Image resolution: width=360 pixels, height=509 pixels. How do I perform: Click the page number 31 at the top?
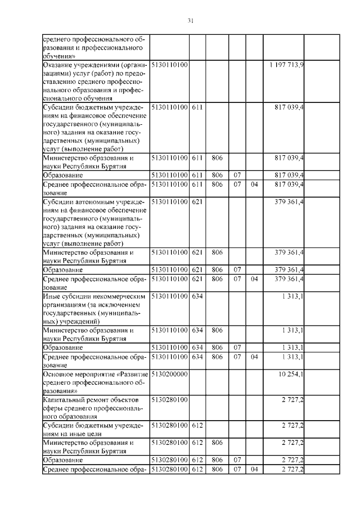(x=190, y=21)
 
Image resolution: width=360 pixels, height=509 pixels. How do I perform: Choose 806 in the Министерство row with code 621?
(x=217, y=253)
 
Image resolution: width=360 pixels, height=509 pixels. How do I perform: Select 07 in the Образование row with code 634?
(x=237, y=347)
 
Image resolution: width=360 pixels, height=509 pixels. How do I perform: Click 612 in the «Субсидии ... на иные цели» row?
(x=197, y=426)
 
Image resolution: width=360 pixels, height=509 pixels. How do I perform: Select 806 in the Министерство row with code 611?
(x=217, y=159)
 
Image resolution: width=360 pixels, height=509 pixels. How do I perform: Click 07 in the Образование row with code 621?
(x=237, y=270)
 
